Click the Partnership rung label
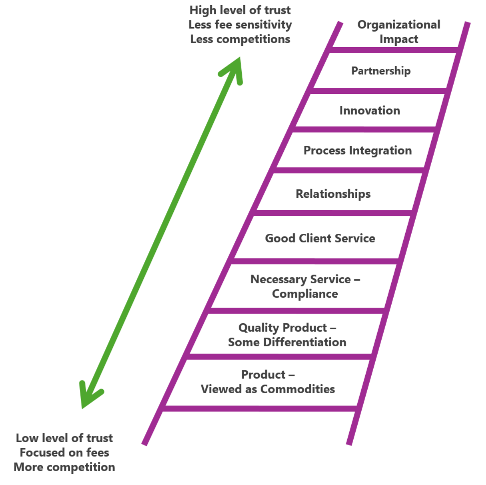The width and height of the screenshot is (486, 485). tap(380, 71)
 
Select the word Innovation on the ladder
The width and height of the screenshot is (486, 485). tap(369, 110)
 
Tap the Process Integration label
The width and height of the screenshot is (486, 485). tap(357, 151)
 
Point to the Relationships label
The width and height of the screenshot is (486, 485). tap(333, 194)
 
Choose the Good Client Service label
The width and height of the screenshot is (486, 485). tap(320, 238)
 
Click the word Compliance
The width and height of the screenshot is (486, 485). tap(305, 294)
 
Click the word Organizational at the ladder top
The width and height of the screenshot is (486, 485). tap(398, 25)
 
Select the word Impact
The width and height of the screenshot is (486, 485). tap(398, 39)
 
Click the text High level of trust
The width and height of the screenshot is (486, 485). tap(240, 10)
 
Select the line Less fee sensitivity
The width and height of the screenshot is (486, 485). tap(240, 25)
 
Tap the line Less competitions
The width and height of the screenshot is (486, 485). tap(240, 39)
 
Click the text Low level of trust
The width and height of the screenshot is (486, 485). tap(64, 438)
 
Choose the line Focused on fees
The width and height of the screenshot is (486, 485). tap(64, 452)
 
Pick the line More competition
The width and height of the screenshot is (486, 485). tap(64, 467)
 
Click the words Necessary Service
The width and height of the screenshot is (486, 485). tap(301, 279)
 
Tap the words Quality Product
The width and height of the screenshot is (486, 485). tap(283, 328)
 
